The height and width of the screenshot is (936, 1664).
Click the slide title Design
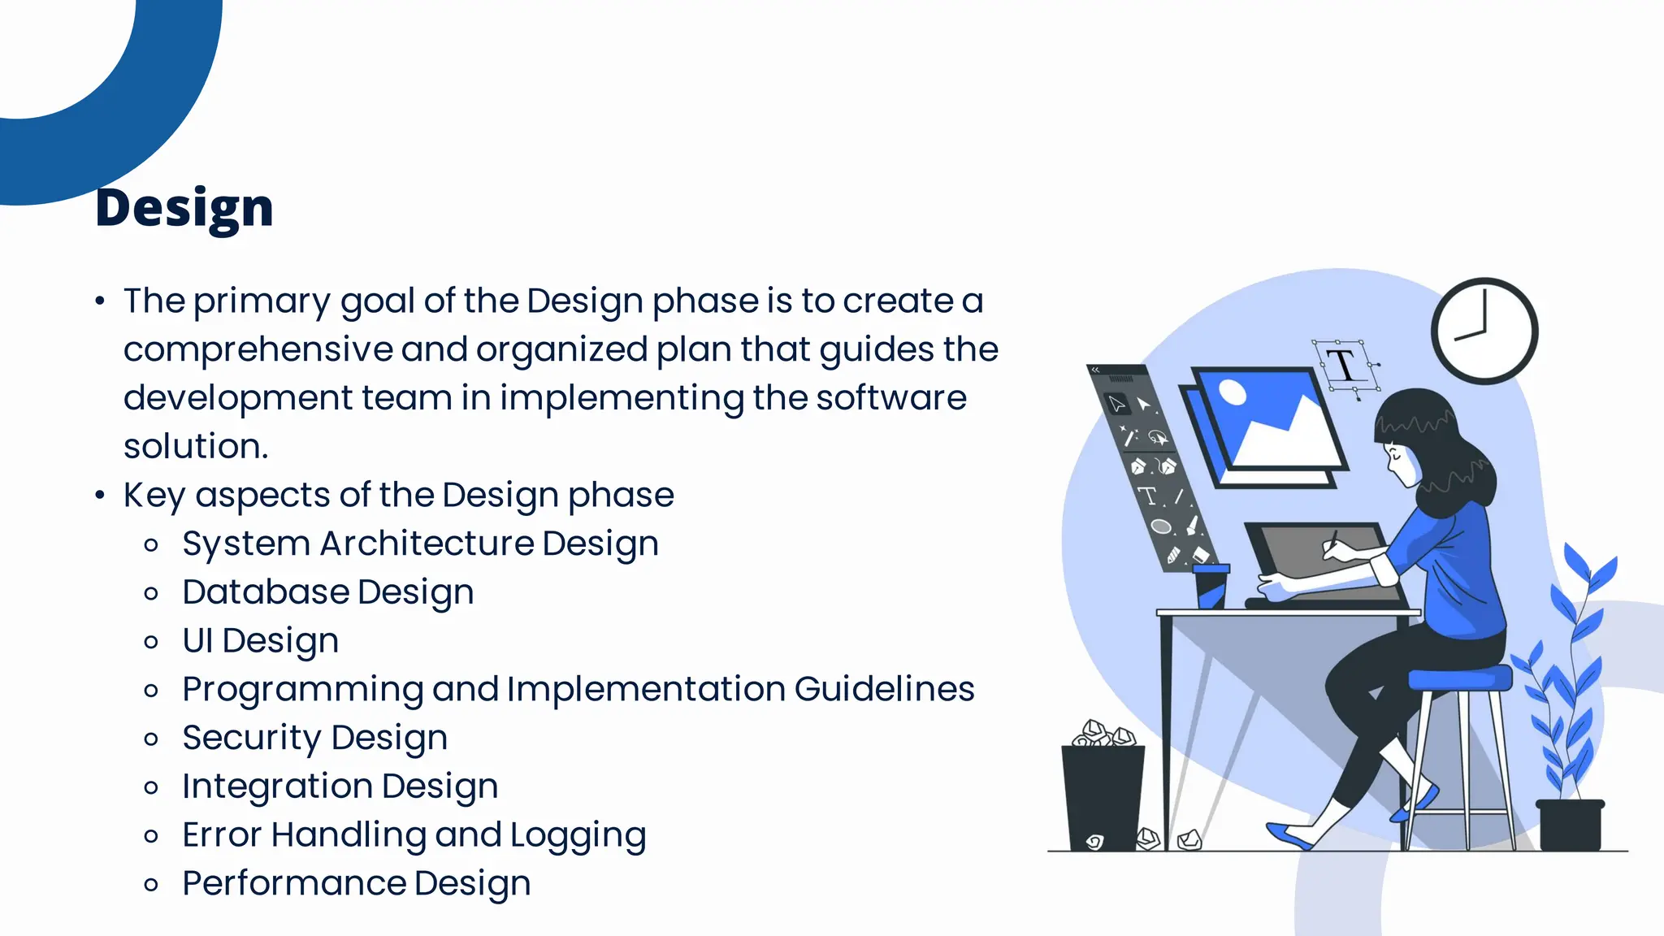(184, 208)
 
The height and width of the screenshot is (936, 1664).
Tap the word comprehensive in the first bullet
(258, 350)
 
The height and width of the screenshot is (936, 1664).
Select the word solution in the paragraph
(195, 446)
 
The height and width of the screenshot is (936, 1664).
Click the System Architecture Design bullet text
(420, 544)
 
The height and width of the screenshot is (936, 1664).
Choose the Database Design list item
(327, 592)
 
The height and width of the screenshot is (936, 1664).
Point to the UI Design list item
(260, 641)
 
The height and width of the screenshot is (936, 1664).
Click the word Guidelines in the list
(884, 689)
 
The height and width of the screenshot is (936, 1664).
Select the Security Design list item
(314, 738)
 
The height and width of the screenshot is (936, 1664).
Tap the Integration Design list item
(340, 786)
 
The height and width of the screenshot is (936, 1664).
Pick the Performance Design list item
(356, 884)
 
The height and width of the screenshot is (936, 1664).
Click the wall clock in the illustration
(1484, 331)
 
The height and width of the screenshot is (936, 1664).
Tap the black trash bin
(1103, 796)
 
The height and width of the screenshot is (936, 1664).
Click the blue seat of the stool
(1458, 678)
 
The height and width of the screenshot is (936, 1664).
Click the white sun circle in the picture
(1233, 392)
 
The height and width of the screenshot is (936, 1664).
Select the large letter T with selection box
(1345, 366)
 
